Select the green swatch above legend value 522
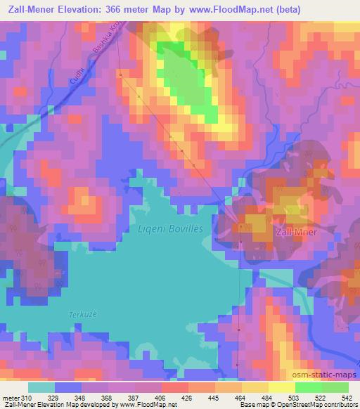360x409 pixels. tap(309, 387)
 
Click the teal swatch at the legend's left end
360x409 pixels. tap(41, 387)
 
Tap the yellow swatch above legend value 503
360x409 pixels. tap(282, 387)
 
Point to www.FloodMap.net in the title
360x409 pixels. tap(239, 11)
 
